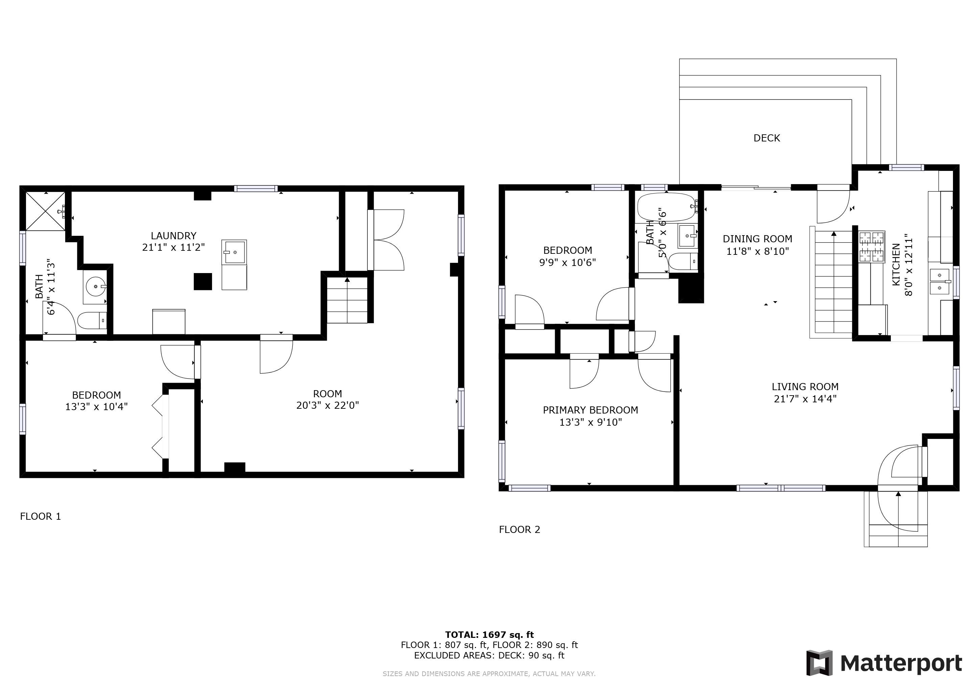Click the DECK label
pyautogui.click(x=767, y=138)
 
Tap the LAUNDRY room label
pyautogui.click(x=173, y=236)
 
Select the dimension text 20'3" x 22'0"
pyautogui.click(x=328, y=405)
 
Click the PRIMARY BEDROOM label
pyautogui.click(x=591, y=410)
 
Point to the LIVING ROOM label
pyautogui.click(x=805, y=387)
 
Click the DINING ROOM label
pyautogui.click(x=758, y=239)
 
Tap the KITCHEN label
pyautogui.click(x=896, y=265)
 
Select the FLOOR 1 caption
pyautogui.click(x=41, y=516)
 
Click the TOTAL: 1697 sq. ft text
pyautogui.click(x=489, y=634)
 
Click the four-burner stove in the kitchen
pyautogui.click(x=871, y=246)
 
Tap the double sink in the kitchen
pyautogui.click(x=940, y=282)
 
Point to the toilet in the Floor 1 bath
pyautogui.click(x=92, y=320)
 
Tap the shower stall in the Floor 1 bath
pyautogui.click(x=46, y=211)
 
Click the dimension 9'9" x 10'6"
pyautogui.click(x=568, y=263)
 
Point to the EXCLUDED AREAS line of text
pyautogui.click(x=489, y=655)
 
